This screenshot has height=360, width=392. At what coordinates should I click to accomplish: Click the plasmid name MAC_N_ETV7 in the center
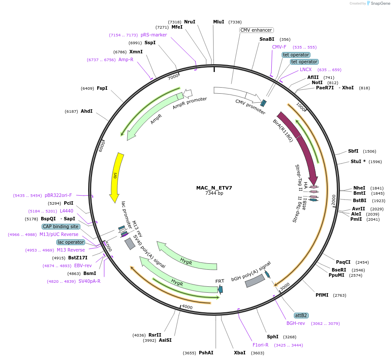[x=214, y=188]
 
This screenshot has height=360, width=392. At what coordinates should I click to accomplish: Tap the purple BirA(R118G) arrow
[x=300, y=143]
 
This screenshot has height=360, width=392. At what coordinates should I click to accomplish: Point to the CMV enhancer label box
[x=256, y=30]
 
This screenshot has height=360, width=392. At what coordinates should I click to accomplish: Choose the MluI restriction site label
[x=219, y=22]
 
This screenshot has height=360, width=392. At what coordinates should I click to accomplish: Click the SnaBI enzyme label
[x=267, y=39]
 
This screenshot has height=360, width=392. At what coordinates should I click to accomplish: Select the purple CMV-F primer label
[x=279, y=47]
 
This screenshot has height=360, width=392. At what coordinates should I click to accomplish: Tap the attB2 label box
[x=301, y=315]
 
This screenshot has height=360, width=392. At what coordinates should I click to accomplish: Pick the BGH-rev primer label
[x=296, y=323]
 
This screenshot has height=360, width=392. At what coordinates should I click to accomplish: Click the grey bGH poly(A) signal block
[x=255, y=281]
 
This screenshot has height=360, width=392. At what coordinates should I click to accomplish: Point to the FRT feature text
[x=220, y=281]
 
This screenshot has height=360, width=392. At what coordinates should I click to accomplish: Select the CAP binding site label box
[x=61, y=226]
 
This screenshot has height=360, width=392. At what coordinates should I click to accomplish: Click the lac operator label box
[x=70, y=242]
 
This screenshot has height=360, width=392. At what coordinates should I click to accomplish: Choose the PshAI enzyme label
[x=206, y=353]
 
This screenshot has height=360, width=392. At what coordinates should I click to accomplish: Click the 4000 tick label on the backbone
[x=187, y=307]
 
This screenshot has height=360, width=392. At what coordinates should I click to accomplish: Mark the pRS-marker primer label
[x=154, y=35]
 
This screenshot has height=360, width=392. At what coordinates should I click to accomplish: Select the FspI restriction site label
[x=102, y=88]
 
